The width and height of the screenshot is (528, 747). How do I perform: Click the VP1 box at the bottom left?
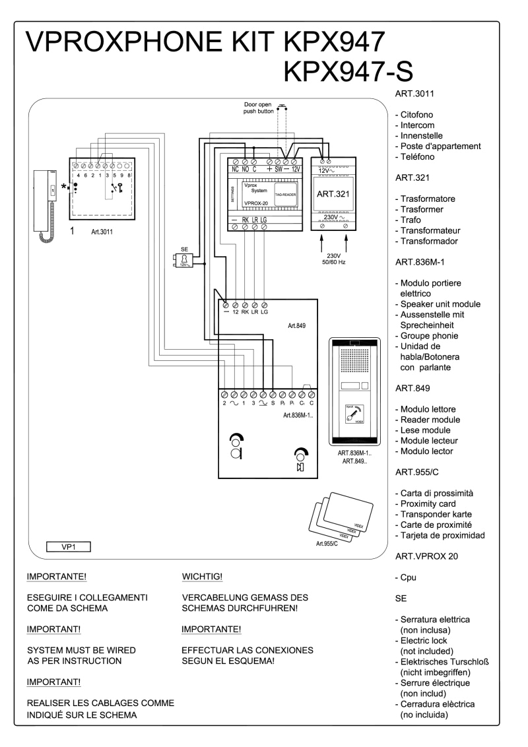click(x=68, y=546)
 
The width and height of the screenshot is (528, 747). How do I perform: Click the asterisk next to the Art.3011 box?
click(x=65, y=188)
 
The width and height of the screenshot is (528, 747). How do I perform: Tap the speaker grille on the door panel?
click(x=356, y=364)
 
